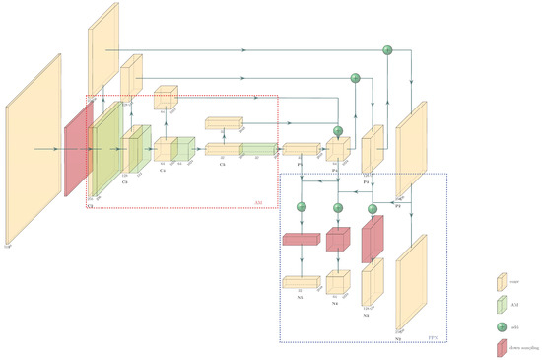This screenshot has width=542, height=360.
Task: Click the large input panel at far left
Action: [x=34, y=148]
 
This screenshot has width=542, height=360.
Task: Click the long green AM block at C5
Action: [x=257, y=149]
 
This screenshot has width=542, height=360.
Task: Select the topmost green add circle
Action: [x=387, y=49]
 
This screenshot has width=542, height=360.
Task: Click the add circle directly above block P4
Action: [x=338, y=130]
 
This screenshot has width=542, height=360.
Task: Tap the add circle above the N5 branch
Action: [x=302, y=206]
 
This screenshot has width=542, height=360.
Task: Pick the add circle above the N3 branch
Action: [x=373, y=207]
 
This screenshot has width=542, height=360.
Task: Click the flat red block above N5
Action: [x=302, y=239]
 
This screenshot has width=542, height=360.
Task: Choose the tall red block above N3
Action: [x=373, y=240]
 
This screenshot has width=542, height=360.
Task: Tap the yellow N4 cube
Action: [x=338, y=283]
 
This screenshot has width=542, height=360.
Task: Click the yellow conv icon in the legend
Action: [x=501, y=282]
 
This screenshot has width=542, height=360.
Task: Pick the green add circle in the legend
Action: [x=501, y=325]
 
